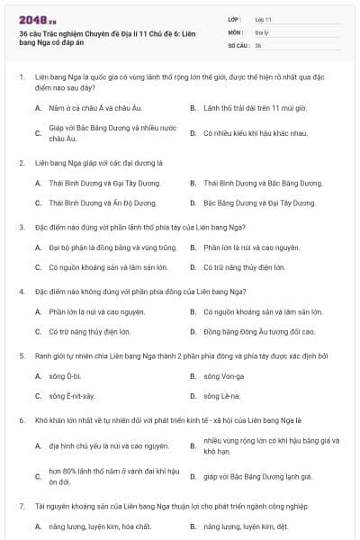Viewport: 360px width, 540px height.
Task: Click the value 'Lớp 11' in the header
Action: tap(264, 18)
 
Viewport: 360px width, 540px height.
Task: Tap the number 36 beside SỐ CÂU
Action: tap(258, 44)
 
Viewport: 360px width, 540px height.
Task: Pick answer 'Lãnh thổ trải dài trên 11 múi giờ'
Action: tap(243, 108)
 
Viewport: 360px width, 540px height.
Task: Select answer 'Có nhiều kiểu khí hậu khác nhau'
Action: tap(242, 133)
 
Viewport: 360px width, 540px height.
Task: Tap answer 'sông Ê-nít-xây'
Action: tap(71, 395)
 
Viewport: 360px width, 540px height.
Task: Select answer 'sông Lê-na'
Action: tap(220, 395)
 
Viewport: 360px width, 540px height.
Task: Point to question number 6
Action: tap(22, 419)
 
